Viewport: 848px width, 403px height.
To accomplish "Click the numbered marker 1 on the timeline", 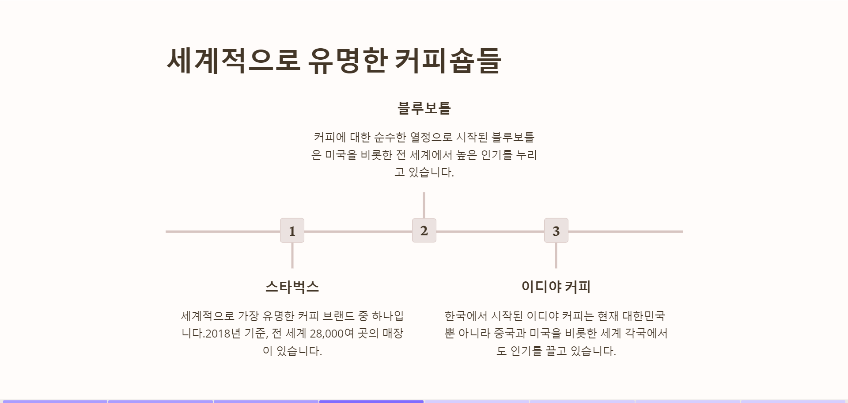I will click(292, 230).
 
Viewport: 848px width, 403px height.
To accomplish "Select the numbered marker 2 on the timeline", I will click(424, 230).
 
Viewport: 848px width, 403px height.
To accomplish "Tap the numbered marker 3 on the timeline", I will click(556, 230).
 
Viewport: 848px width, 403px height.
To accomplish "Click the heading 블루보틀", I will click(424, 108).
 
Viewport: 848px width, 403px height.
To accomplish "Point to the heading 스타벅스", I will click(292, 287).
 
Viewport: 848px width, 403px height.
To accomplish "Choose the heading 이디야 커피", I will click(556, 287).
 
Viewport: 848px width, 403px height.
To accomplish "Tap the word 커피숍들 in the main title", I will click(447, 61).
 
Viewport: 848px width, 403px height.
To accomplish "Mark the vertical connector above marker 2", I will click(424, 205).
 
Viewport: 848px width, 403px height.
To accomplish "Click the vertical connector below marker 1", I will click(292, 255).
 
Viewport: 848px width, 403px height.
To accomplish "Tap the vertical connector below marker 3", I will click(556, 255).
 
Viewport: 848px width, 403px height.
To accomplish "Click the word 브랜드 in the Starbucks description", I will click(338, 316).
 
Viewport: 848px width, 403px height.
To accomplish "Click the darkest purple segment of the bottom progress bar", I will click(371, 401).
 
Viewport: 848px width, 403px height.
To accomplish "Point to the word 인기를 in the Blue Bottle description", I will click(496, 155).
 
